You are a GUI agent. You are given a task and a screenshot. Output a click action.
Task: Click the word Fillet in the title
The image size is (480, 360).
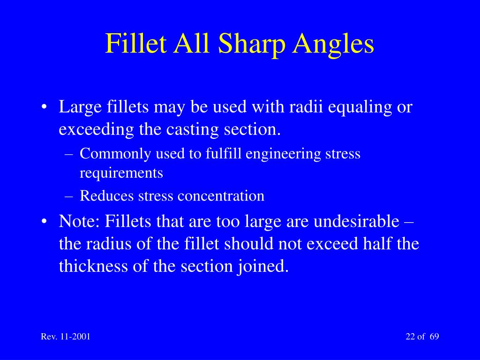coord(136,44)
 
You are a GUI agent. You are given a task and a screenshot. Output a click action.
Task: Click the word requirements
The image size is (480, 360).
coord(121,173)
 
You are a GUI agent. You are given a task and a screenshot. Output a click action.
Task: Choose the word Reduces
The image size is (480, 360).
coord(107,195)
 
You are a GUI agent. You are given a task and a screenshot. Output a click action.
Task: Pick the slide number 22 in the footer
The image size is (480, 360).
coord(410,337)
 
